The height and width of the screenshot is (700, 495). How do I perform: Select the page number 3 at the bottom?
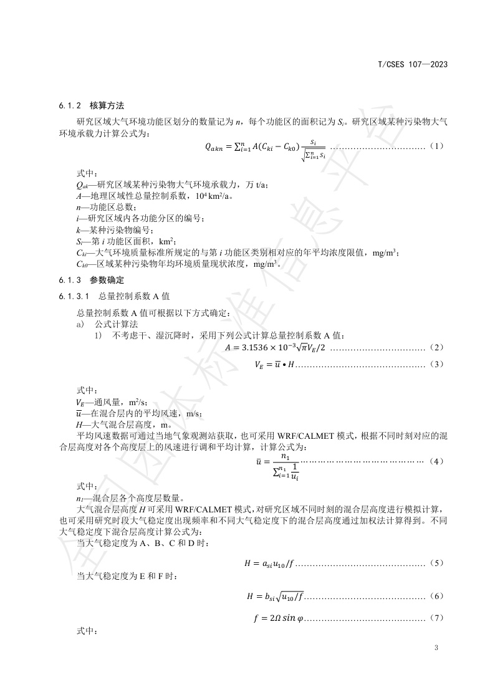tap(436, 648)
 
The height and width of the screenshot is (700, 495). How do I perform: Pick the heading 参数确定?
tap(108, 280)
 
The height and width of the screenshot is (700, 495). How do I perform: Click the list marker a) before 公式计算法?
tap(79, 324)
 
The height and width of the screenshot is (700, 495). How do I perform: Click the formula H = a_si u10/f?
tap(268, 564)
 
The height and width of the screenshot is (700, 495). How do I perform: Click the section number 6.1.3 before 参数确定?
tap(62, 280)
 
